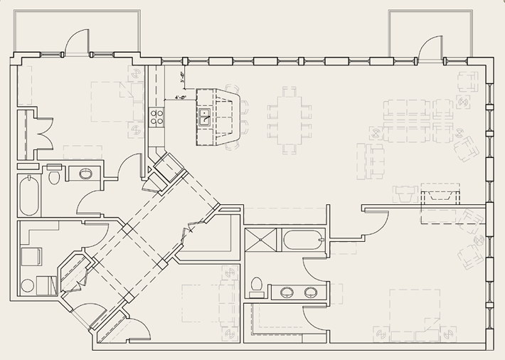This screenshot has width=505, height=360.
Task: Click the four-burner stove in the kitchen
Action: tap(156, 117)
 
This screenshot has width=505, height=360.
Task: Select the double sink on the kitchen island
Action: tap(204, 117)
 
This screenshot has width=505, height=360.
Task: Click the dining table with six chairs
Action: tap(289, 119)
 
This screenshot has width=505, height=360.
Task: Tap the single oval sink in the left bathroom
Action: tap(85, 173)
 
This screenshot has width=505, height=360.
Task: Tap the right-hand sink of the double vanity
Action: tap(311, 292)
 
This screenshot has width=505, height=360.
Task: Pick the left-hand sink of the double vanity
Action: tap(287, 292)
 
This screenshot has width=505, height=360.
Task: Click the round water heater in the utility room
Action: tap(28, 286)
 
